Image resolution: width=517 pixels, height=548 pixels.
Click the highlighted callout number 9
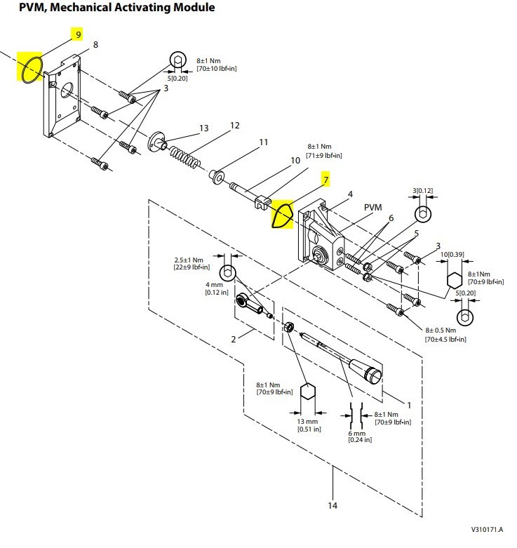coord(79,34)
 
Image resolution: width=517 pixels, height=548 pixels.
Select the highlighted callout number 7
coord(326,180)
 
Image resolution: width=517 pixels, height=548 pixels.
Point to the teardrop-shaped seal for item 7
coord(274,217)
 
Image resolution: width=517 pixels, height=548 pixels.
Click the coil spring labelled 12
coord(185,156)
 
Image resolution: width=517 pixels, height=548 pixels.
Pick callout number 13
coord(203,128)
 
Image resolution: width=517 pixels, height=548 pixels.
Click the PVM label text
coord(372,207)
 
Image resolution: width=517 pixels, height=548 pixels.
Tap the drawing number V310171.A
coord(487,529)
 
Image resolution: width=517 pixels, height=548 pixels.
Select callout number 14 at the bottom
coord(333,505)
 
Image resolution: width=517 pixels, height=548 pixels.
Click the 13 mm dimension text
coord(307,422)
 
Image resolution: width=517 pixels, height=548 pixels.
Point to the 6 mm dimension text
coord(356,433)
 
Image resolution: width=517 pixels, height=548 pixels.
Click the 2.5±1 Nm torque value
coord(189,260)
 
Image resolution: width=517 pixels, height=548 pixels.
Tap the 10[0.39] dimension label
coord(452,255)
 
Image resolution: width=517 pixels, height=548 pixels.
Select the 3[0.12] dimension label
coord(423,190)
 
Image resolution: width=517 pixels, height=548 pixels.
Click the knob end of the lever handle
coord(372,375)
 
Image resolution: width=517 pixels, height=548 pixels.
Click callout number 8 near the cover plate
coord(95,45)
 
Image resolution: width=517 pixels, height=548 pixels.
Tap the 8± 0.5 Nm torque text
coord(441,330)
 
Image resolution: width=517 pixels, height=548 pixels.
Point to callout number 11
coord(263,142)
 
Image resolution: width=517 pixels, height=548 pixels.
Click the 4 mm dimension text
coord(214,284)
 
